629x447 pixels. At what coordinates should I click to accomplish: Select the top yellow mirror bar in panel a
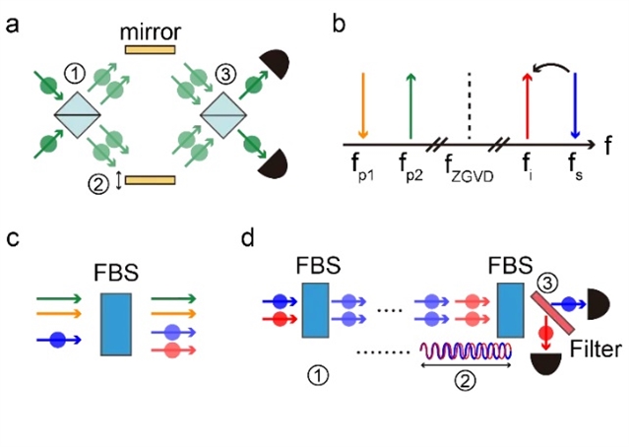click(x=149, y=48)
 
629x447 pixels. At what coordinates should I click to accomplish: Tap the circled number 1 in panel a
click(x=74, y=74)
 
